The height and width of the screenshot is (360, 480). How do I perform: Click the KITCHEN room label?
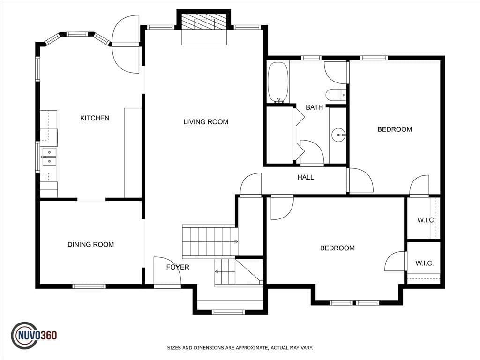95,118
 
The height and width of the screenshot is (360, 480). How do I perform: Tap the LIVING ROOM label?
206,122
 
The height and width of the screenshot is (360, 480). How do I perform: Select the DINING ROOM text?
90,245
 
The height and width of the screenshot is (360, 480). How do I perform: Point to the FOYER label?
178,267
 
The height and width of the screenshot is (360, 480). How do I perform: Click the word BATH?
315,107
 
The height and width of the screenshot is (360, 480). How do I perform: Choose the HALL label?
306,177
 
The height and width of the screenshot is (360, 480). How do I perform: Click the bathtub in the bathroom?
278,82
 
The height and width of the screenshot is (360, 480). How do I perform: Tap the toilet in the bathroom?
336,95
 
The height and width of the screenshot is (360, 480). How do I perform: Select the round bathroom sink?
338,135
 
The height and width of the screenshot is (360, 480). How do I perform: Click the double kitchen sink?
49,157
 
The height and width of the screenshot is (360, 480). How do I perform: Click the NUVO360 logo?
34,336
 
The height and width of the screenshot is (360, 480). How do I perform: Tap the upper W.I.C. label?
426,220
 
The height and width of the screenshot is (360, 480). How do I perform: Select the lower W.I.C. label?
424,263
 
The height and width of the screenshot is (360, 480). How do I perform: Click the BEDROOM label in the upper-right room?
395,129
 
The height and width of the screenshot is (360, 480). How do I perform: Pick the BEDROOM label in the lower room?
337,248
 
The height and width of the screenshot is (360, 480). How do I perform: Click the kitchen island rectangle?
133,153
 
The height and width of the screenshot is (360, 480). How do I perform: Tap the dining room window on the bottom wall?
89,286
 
